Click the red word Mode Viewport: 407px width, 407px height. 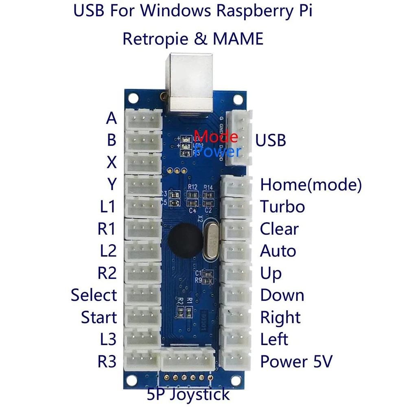(x=216, y=136)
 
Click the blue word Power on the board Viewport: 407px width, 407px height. (x=217, y=151)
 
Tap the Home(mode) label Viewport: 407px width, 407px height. (x=311, y=185)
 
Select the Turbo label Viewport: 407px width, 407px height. (x=282, y=207)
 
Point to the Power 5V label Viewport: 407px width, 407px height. (x=296, y=361)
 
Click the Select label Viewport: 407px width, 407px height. (x=94, y=295)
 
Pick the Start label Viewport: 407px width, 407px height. (x=98, y=317)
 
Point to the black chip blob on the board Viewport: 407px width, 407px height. (x=186, y=240)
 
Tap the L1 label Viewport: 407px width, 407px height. (x=107, y=207)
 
